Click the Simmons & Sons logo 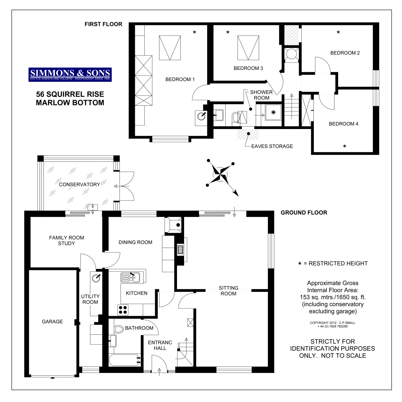[x=70, y=74]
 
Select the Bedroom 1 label [x=180, y=79]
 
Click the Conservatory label [x=79, y=184]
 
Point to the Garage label [x=52, y=322]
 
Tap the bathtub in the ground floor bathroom [x=124, y=360]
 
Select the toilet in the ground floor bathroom [x=119, y=329]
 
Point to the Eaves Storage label [x=272, y=146]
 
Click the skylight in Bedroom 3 [x=248, y=47]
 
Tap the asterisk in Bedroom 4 [x=345, y=147]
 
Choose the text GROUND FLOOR [x=304, y=212]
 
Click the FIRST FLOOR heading [x=103, y=24]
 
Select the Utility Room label [x=90, y=299]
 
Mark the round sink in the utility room [x=96, y=278]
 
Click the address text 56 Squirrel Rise [x=70, y=94]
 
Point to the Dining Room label [x=135, y=242]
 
